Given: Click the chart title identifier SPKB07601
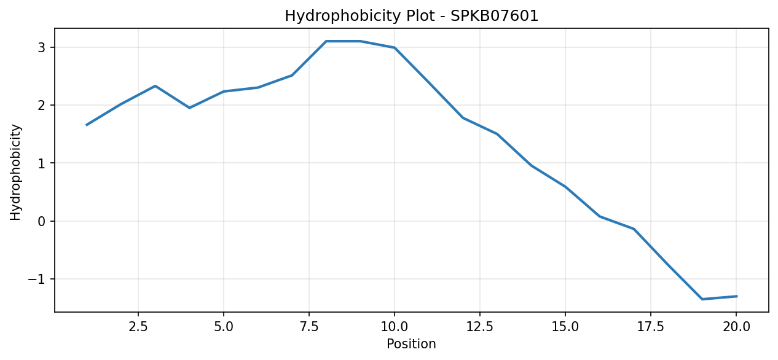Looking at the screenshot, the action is point(494,16).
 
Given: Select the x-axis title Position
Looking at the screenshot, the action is point(411,344).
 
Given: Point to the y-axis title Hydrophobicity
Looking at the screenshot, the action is point(15,173).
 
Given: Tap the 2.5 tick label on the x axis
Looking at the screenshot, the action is point(138,327).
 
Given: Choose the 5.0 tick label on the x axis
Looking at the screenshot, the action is point(224,327).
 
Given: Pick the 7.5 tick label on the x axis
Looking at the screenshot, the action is point(309,327).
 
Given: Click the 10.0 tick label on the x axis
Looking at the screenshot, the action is point(394,327).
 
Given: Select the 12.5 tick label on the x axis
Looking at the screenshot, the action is point(480,327).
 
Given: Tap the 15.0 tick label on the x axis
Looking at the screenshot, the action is point(565,327).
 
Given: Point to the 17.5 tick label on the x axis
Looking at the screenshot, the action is point(651,327).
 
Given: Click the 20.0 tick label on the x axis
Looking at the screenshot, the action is point(736,327).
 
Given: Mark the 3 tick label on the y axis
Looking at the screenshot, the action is point(42,47).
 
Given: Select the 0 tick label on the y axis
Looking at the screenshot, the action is point(42,221).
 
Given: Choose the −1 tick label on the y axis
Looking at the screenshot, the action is point(37,279).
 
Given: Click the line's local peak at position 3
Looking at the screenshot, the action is point(155,86).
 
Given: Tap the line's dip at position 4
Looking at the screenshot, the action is point(189,108).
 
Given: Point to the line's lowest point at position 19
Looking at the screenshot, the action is point(702,299).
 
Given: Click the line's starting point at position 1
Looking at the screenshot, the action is point(87,125).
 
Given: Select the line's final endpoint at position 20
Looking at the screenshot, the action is point(736,296).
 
